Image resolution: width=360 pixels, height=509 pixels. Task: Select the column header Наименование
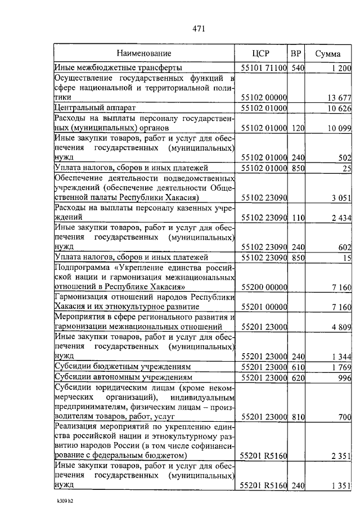coord(144,53)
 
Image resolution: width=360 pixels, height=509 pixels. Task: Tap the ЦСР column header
coord(262,53)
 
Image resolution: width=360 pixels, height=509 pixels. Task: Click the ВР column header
coord(296,53)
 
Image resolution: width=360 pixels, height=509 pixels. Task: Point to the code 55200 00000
coord(264,287)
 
